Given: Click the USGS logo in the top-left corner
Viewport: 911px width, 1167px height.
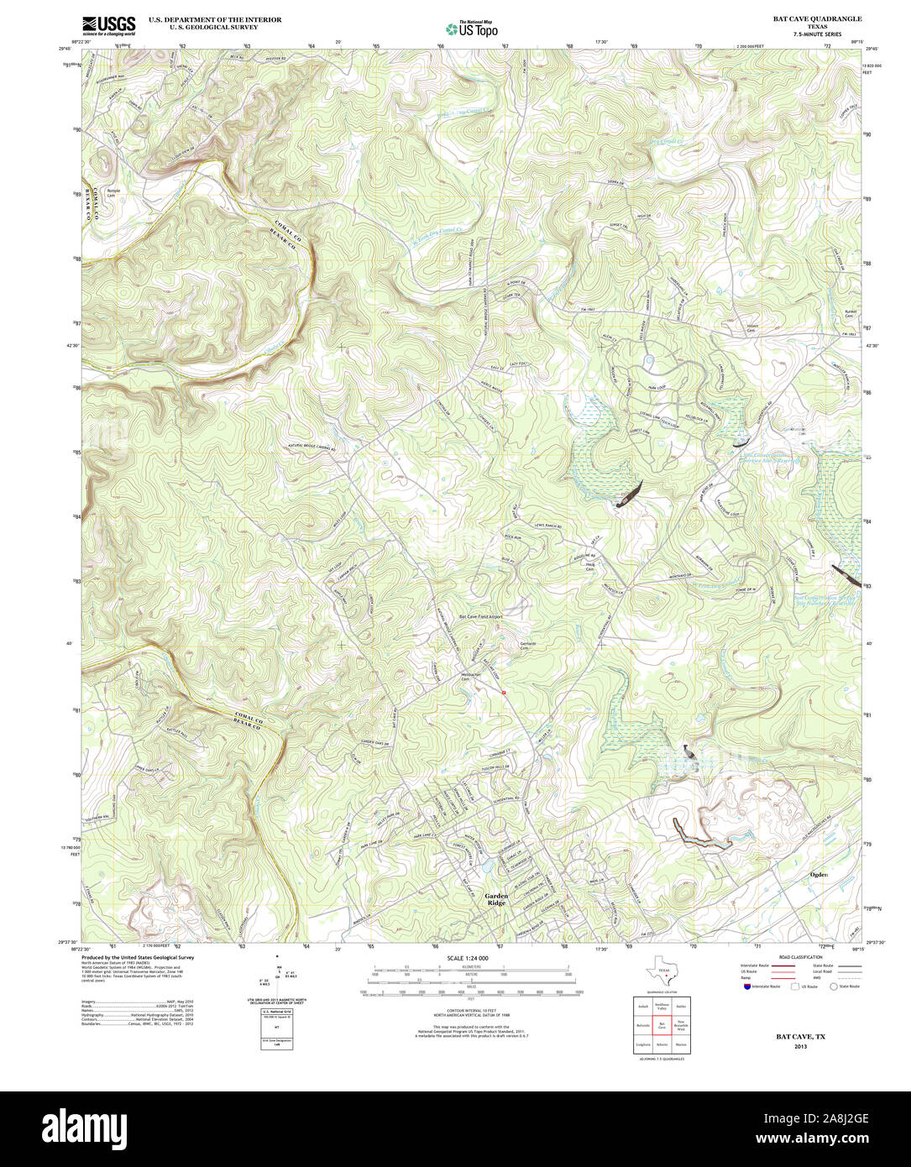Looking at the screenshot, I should coord(108,26).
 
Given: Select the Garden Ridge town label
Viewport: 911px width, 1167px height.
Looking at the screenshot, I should coord(496,900).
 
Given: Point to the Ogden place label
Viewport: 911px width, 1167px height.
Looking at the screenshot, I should coord(819,875).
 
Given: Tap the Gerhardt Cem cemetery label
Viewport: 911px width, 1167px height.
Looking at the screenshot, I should coord(527,646).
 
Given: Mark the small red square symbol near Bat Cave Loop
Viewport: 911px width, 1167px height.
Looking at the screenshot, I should coord(503,693).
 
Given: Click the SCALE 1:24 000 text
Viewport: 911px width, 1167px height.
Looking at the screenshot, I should coord(468,958).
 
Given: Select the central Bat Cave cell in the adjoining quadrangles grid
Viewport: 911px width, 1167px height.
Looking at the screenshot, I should coord(662,1025).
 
